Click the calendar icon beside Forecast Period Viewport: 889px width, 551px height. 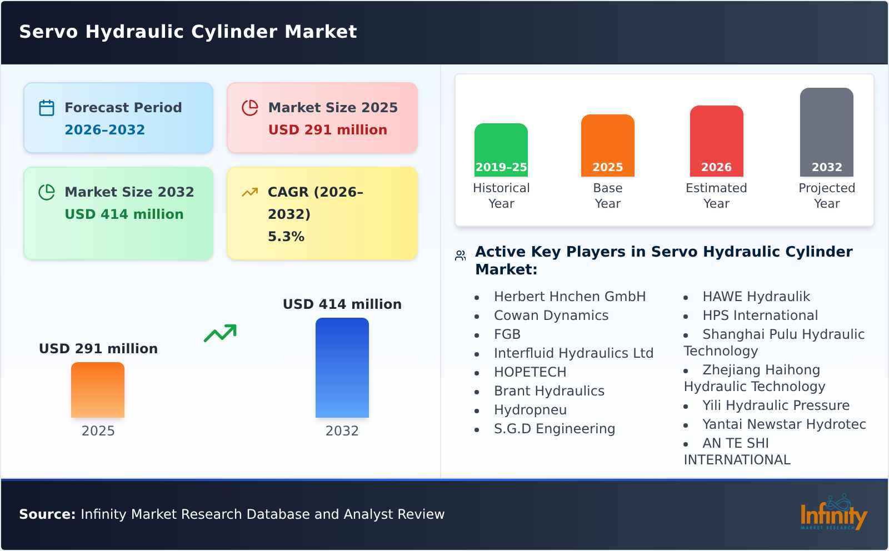[47, 108]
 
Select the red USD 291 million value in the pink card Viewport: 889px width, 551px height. [327, 130]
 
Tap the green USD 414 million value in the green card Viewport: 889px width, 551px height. [124, 214]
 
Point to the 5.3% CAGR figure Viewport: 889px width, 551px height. [286, 237]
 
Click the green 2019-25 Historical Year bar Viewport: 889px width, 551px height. [501, 149]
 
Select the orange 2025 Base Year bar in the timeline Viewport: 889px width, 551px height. [607, 145]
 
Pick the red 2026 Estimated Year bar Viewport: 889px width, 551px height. [716, 141]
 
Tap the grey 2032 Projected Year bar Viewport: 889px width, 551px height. [826, 132]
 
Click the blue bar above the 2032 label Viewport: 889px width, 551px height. [342, 367]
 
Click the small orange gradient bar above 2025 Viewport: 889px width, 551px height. [98, 389]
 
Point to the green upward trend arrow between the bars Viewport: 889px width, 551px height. [220, 333]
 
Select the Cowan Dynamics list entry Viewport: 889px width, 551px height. [551, 315]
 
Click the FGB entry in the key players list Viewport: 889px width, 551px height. [507, 334]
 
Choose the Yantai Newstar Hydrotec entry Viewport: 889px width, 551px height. [783, 424]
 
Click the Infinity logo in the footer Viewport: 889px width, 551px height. [833, 513]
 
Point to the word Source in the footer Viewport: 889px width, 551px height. [47, 514]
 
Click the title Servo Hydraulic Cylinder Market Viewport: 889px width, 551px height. [188, 32]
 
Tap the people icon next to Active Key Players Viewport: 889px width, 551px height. [460, 256]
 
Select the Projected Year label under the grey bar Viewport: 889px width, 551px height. [826, 196]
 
